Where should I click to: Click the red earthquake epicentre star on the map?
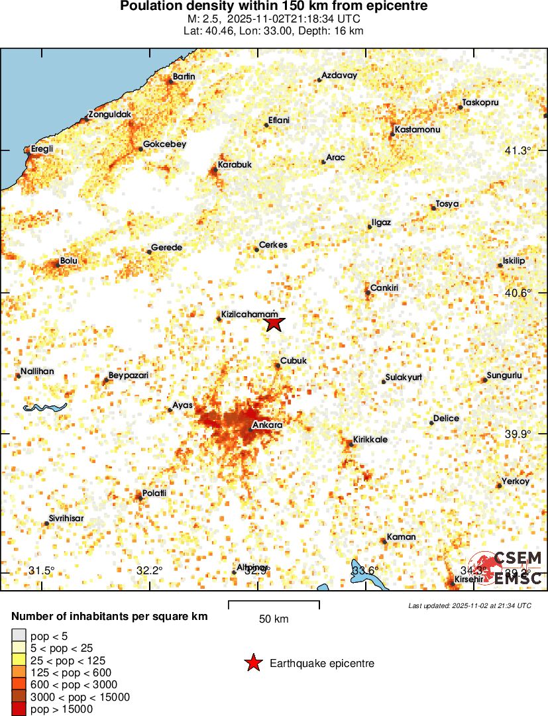[274, 323]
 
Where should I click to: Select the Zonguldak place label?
[110, 115]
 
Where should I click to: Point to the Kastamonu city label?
[417, 130]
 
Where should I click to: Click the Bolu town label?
[69, 261]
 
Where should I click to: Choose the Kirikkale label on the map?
[370, 439]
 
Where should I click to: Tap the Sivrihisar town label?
[66, 518]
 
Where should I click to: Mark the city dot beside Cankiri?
[367, 292]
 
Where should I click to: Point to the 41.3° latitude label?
[518, 151]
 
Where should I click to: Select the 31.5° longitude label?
[42, 570]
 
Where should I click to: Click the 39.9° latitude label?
[518, 434]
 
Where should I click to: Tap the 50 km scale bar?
[274, 605]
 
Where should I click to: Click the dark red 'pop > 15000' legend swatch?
[19, 709]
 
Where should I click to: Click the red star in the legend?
[252, 663]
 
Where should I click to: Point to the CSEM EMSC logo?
[508, 568]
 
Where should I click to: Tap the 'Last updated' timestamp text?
[470, 605]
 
